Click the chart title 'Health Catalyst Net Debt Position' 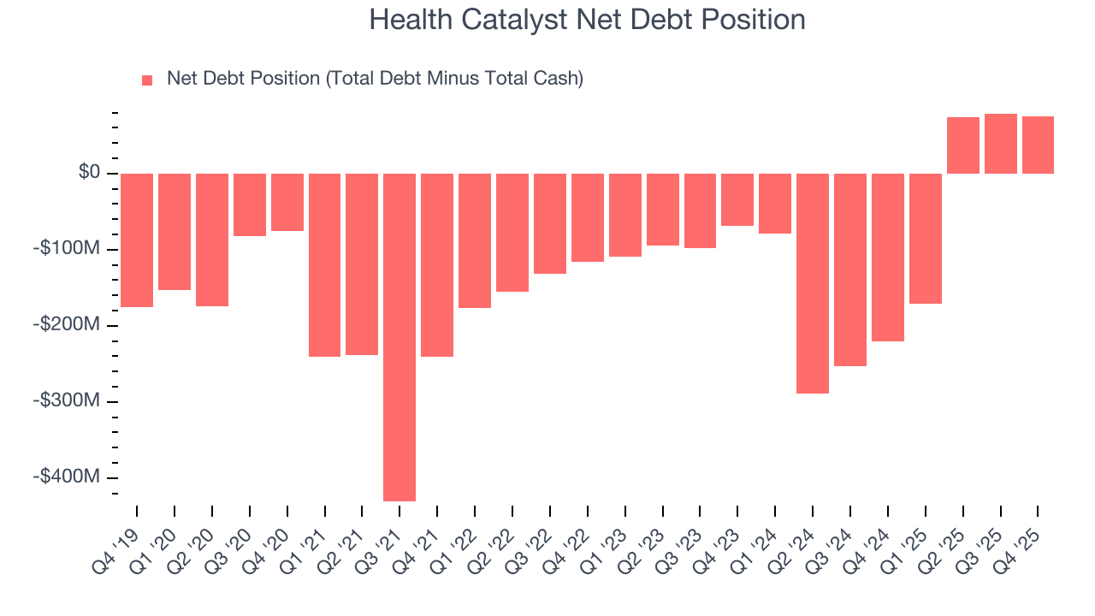pos(587,20)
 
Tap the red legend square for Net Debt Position pos(147,80)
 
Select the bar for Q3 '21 pos(400,337)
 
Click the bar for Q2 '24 pos(813,283)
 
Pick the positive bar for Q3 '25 pos(1000,144)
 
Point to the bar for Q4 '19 pos(137,240)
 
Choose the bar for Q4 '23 pos(737,199)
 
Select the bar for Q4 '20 pos(287,202)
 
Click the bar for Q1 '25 pos(926,238)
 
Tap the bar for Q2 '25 pos(962,145)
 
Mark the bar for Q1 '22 pos(475,240)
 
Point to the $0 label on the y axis pos(89,173)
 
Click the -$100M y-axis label pos(68,249)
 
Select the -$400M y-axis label pos(68,477)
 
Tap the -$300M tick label pos(68,400)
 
